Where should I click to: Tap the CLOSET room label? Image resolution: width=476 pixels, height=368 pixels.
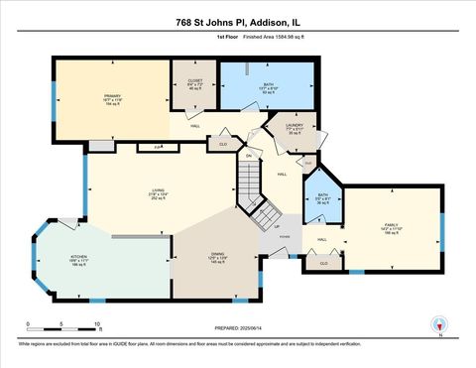[x=194, y=82]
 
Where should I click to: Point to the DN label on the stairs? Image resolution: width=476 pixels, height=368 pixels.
[x=248, y=156]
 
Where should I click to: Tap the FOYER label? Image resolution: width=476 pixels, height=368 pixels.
[x=284, y=237]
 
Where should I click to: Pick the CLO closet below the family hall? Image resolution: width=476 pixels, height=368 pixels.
[x=324, y=263]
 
